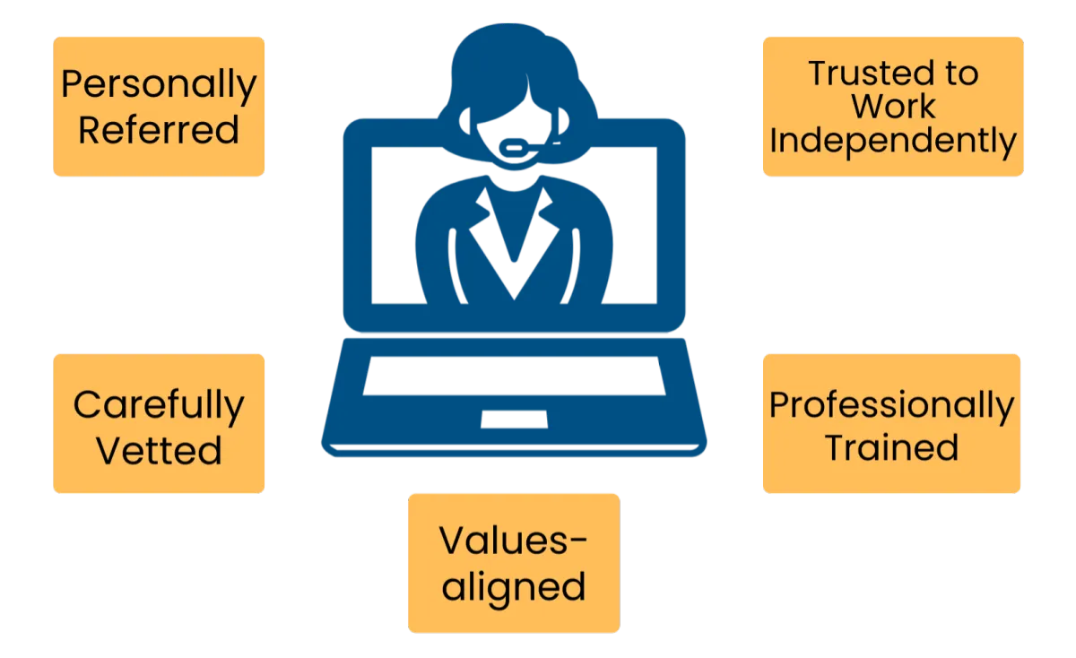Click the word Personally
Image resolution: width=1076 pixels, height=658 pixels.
pos(158,85)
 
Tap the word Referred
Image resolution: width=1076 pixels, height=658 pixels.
pos(158,129)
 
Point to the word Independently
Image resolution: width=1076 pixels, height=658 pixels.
pos(892,141)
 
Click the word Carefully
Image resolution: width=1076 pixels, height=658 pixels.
pos(158,406)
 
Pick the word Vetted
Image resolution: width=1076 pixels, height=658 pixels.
pos(158,449)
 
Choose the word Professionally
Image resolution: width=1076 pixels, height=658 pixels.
pos(891,406)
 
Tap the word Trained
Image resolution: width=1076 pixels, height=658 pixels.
pos(891,446)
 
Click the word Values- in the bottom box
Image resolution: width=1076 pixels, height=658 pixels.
pos(513,541)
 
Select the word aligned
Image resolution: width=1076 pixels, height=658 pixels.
pos(513,587)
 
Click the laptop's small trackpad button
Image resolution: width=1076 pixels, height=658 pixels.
pos(514,418)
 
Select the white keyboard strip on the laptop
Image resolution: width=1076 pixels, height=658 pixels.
pos(514,375)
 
